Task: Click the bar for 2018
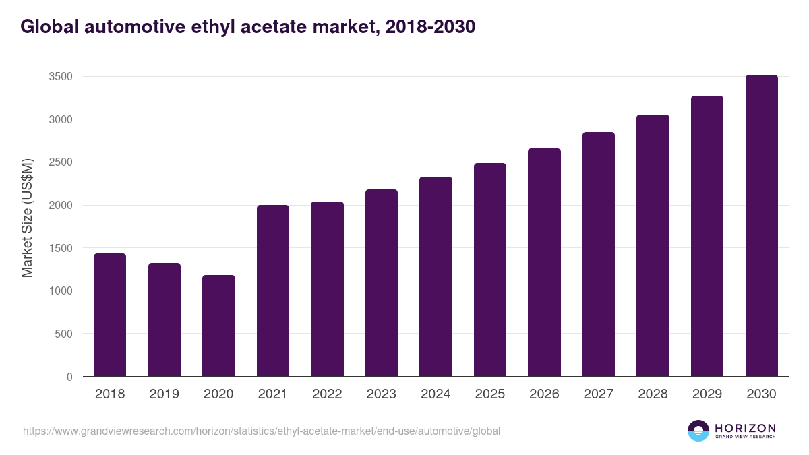(x=110, y=315)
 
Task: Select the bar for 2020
(x=218, y=326)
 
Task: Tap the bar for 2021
(x=273, y=291)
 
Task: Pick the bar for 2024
(x=436, y=276)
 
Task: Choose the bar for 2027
(x=599, y=254)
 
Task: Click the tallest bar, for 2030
(x=761, y=226)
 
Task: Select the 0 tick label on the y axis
(x=69, y=377)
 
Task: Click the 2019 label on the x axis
(x=164, y=394)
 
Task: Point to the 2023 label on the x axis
(x=382, y=394)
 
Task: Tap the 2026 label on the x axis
(x=544, y=394)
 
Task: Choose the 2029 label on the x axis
(x=707, y=394)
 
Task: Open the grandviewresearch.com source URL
(x=262, y=431)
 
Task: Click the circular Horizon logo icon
(x=698, y=431)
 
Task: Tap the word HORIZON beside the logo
(x=745, y=427)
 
